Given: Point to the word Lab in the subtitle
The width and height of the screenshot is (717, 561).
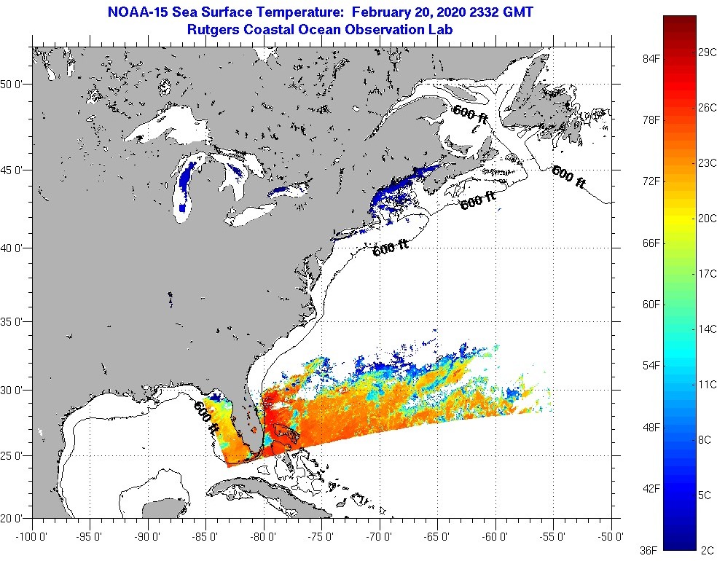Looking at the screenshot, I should (x=442, y=30).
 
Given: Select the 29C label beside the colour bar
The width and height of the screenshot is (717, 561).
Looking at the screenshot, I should (x=707, y=53).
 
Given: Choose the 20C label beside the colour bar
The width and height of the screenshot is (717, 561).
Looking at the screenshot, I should (x=707, y=218).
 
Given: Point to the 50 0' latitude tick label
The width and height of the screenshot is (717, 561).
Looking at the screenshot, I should (x=14, y=84).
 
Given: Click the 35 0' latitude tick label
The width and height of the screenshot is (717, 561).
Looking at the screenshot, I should (x=14, y=321).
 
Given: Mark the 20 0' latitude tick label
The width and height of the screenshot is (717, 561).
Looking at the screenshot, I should (x=14, y=519).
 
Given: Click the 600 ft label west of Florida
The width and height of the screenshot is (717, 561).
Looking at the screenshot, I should (x=206, y=419).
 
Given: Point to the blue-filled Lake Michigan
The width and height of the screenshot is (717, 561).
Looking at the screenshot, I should (x=182, y=191).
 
